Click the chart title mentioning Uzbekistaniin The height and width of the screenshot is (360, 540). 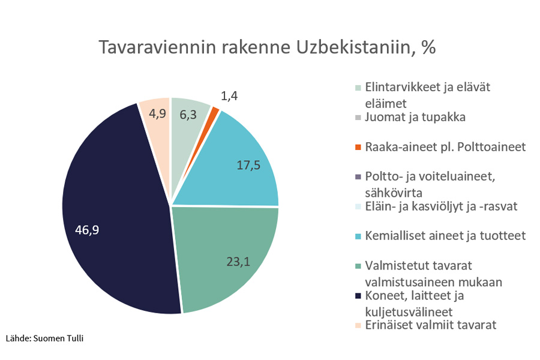tap(267, 48)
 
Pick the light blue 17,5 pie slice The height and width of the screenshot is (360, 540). tap(240, 162)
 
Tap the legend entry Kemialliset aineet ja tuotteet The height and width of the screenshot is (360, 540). tap(445, 236)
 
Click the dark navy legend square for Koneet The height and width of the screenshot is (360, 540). tap(358, 296)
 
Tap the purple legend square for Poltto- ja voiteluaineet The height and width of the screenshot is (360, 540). tap(358, 177)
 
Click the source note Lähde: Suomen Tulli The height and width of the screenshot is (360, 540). tap(45, 338)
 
